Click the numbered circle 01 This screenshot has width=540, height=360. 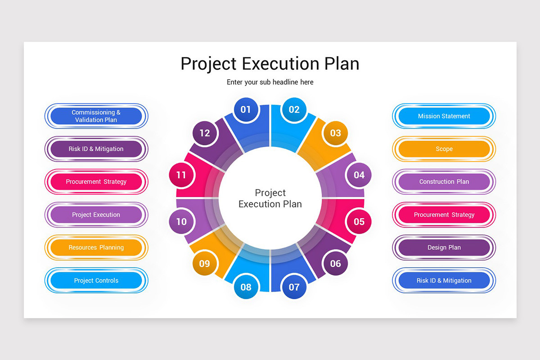point(246,109)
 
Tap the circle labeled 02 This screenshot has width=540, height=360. point(294,109)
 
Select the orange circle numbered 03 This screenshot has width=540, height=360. point(336,133)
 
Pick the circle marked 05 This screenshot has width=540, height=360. point(359,221)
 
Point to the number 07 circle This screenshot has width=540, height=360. point(294,287)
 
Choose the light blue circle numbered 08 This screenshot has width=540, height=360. point(246,287)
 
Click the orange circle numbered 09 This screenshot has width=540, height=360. point(204,264)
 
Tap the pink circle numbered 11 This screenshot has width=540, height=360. point(181,175)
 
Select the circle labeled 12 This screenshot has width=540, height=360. point(204,133)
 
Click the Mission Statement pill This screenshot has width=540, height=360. point(444,116)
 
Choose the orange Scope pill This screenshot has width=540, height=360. point(444,149)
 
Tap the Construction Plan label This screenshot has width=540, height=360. point(444,182)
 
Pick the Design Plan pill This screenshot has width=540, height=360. point(444,247)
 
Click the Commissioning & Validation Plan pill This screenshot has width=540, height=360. point(96,116)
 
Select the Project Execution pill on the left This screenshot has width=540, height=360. point(96,215)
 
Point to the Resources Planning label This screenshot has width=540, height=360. point(96,247)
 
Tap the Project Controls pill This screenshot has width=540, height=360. point(96,280)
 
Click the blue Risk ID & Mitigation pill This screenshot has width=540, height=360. point(444,280)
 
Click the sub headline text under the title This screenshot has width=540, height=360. point(270,82)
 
